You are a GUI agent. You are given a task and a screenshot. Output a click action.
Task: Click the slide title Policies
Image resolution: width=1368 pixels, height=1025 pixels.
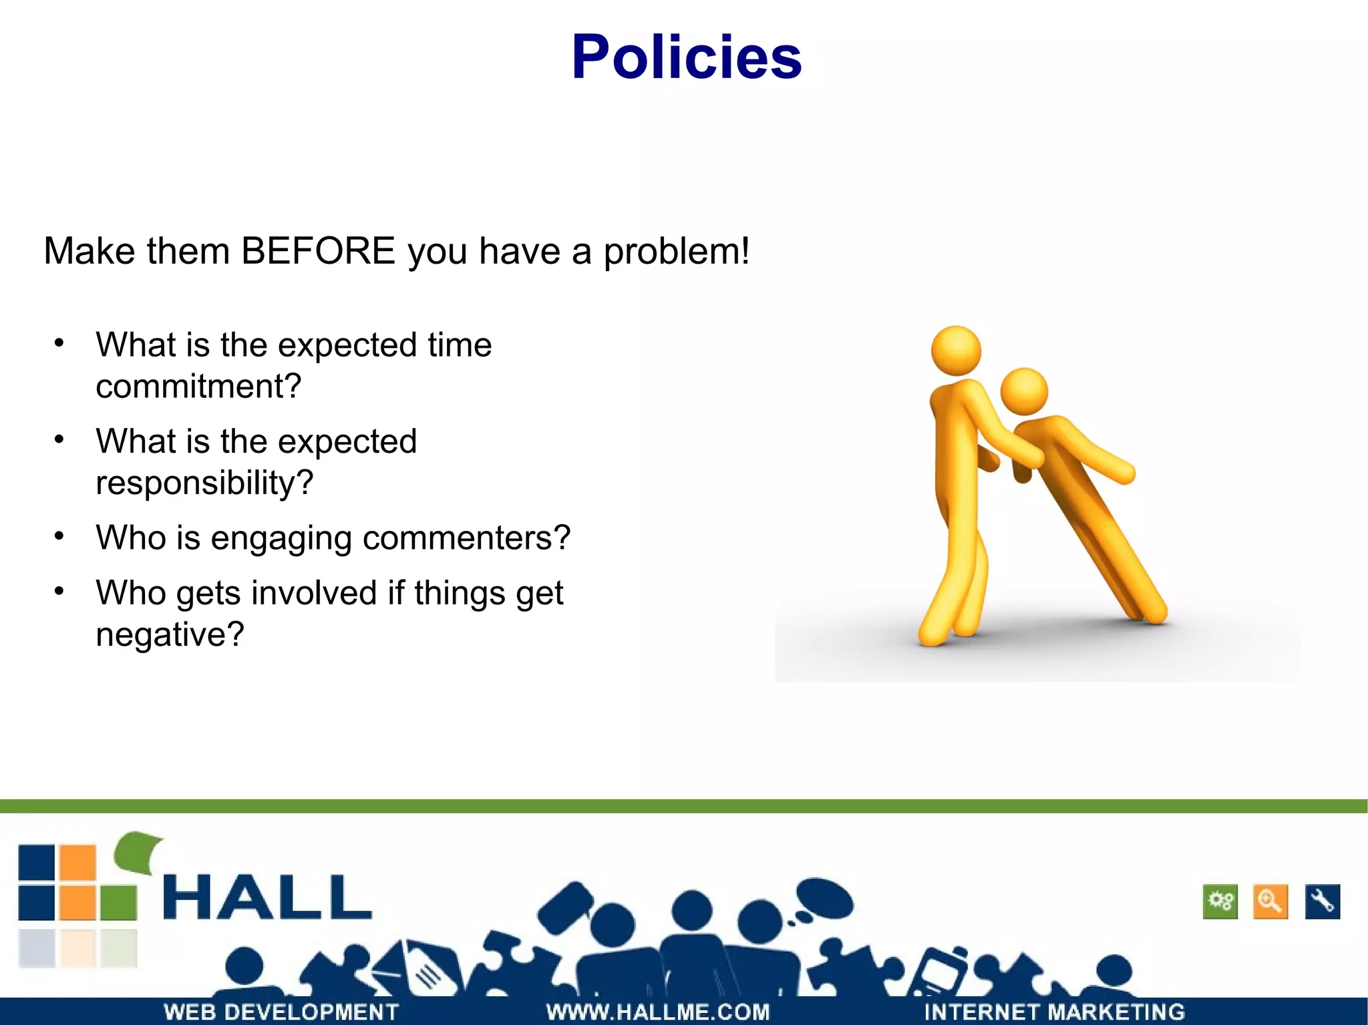point(686,58)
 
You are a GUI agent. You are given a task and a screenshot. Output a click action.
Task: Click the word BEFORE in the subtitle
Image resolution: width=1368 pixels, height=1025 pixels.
point(318,252)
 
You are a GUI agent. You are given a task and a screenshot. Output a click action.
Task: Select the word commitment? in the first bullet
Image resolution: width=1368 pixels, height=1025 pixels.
point(198,387)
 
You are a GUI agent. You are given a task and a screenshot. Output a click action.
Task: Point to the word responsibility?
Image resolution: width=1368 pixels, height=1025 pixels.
point(204,483)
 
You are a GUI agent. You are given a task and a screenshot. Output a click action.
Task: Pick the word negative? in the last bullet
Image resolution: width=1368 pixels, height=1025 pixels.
point(170,634)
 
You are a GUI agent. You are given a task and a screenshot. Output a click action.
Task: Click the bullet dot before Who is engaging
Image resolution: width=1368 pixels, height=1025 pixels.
point(59,536)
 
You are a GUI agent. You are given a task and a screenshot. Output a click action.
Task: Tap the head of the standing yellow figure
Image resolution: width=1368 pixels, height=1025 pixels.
point(956,351)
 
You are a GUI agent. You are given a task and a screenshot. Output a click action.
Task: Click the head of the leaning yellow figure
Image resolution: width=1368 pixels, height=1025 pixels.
point(1024,391)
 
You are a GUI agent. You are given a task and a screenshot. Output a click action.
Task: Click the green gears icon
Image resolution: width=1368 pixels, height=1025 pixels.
point(1220,902)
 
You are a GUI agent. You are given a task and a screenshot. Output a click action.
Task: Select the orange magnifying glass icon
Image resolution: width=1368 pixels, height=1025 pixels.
point(1270,902)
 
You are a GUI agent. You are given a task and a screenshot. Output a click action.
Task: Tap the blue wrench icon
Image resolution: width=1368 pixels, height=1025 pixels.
point(1322,902)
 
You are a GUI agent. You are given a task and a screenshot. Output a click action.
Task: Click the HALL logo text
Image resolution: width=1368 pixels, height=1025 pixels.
point(267,898)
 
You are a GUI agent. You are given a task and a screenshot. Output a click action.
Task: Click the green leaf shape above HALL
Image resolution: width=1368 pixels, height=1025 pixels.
point(138,851)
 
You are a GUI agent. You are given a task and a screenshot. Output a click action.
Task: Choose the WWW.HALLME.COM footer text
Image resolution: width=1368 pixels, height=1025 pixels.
point(658,1012)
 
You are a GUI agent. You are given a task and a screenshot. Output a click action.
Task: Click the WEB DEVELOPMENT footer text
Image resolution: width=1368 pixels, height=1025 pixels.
point(281,1012)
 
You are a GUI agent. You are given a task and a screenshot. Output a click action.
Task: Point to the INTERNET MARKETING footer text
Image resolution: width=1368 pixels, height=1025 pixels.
point(1054,1012)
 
